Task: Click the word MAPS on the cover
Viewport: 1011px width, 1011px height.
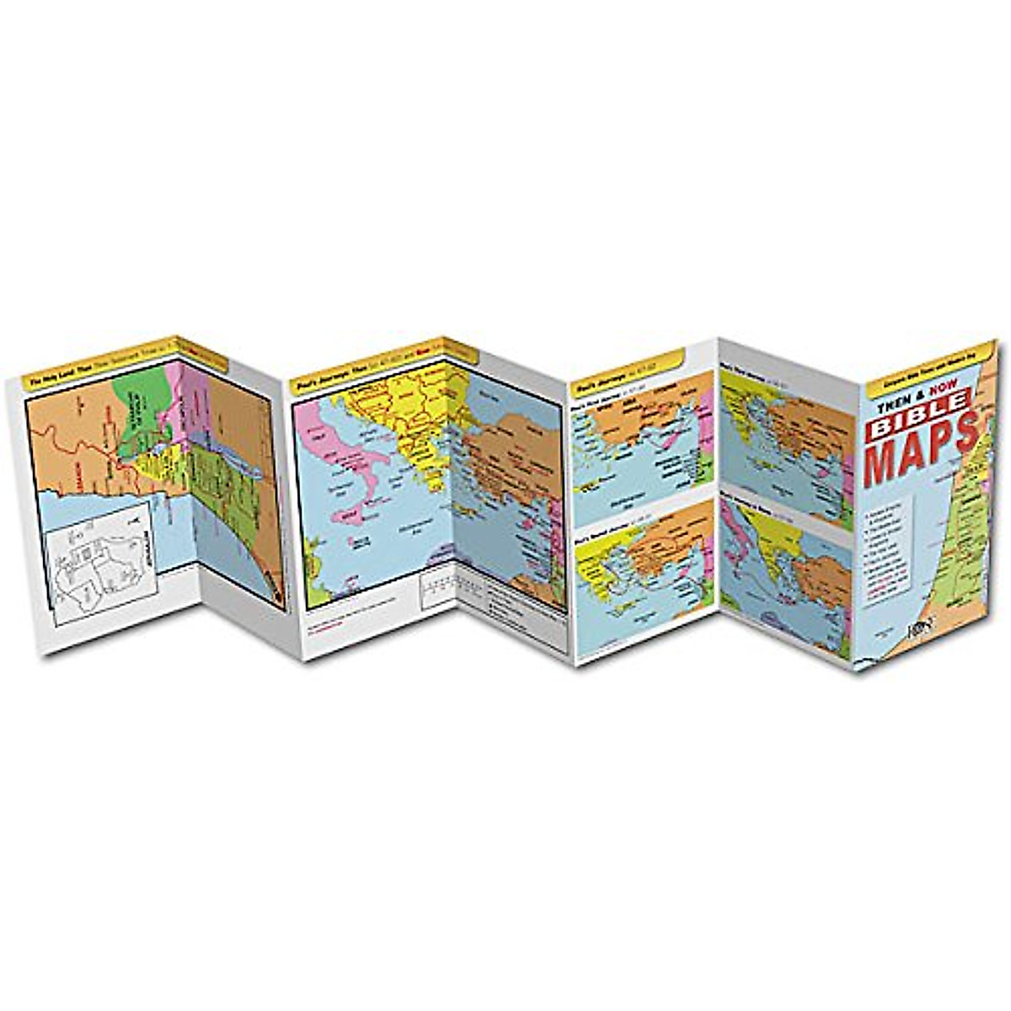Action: pos(918,460)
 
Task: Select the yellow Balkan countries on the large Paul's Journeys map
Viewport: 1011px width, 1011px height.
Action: pos(404,421)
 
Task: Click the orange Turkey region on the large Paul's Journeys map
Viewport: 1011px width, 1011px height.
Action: pos(514,447)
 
